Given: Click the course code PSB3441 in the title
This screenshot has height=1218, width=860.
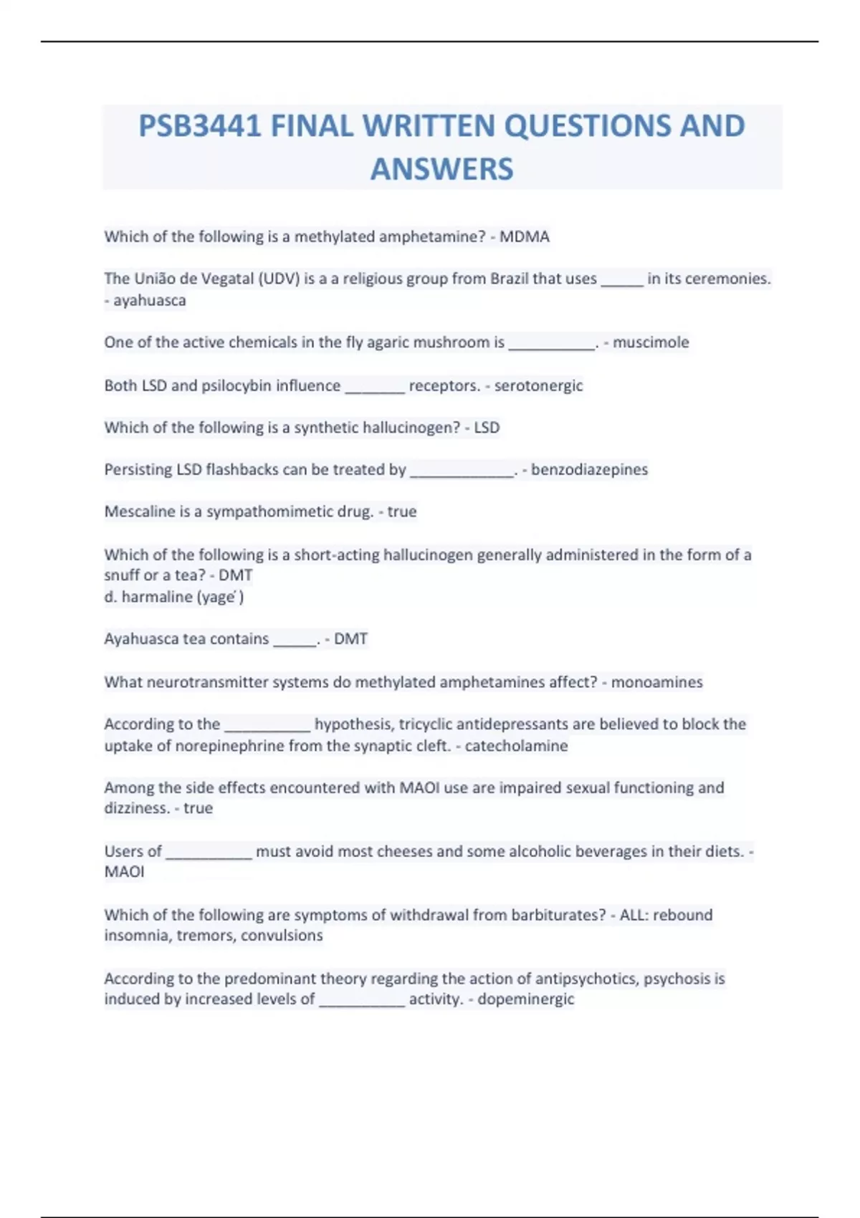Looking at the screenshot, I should click(x=199, y=126).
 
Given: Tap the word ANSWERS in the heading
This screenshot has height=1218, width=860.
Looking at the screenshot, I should click(x=441, y=169).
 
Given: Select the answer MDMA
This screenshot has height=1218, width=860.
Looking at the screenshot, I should click(x=525, y=236).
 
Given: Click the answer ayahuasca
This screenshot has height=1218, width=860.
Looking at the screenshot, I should click(x=150, y=300).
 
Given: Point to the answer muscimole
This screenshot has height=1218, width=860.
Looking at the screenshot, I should click(x=651, y=342).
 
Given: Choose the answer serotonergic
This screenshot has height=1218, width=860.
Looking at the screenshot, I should click(x=538, y=385).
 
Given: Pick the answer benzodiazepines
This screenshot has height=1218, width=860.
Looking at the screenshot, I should click(x=589, y=469).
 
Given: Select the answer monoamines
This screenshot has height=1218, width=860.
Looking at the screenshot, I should click(x=656, y=682).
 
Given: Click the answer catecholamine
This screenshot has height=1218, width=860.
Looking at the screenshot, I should click(x=516, y=746).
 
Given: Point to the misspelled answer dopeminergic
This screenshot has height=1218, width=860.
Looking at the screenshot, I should click(x=525, y=999).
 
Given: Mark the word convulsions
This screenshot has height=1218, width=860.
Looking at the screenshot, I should click(x=282, y=936).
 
